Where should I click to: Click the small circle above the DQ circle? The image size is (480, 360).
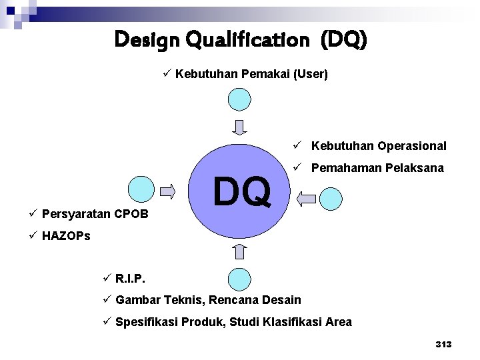(x=240, y=99)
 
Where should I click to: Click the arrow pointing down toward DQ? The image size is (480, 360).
(x=240, y=127)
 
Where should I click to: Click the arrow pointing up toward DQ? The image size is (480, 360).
(x=240, y=251)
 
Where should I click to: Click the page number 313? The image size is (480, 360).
(x=443, y=344)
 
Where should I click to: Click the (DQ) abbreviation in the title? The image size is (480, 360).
(x=343, y=41)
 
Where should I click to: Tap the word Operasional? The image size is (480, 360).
(x=412, y=146)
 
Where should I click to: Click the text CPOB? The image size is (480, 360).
(x=131, y=214)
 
